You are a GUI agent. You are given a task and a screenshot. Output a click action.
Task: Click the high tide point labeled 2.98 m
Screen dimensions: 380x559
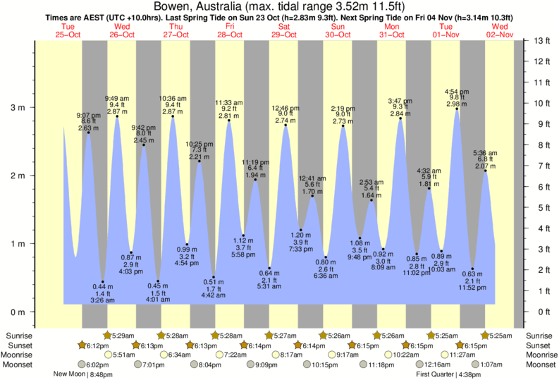[x=457, y=109]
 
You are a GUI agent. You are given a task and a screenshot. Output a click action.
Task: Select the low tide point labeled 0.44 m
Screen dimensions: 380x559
[x=102, y=282]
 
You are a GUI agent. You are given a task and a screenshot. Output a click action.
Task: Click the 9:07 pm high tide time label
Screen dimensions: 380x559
[x=88, y=115]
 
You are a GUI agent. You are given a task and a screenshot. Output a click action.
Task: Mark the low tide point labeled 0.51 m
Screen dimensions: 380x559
[x=214, y=277]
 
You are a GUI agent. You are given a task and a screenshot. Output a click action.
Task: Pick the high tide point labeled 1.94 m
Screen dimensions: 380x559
[x=256, y=180]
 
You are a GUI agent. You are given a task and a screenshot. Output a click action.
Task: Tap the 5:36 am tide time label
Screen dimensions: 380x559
[x=485, y=153]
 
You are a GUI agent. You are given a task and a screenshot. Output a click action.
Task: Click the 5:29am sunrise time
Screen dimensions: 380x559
[x=121, y=335]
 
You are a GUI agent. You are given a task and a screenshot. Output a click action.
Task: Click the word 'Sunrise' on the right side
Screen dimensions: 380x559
[x=540, y=335]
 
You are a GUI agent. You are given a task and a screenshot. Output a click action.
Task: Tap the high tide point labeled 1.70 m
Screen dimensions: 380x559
[x=311, y=196]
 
